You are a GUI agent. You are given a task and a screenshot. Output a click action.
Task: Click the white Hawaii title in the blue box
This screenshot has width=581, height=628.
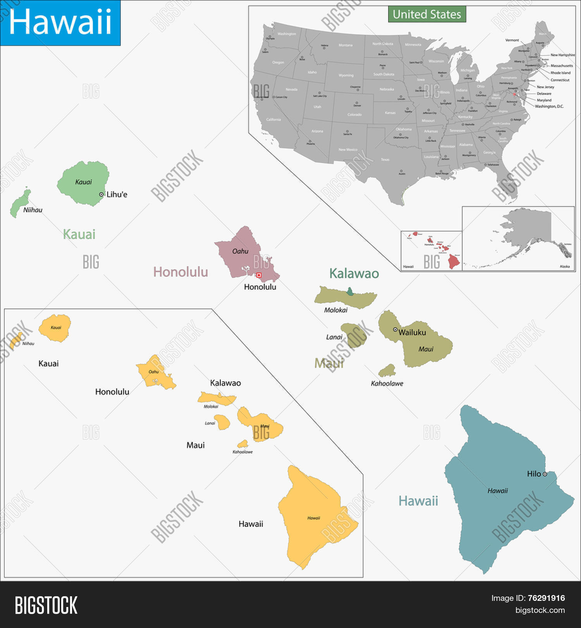click(x=60, y=22)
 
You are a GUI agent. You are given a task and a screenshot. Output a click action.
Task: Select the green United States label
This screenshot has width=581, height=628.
click(x=427, y=14)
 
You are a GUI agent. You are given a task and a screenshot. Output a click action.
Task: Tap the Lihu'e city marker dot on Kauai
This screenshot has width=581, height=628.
click(x=101, y=195)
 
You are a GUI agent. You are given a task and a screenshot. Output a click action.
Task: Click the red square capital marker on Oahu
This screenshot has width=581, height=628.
click(x=259, y=275)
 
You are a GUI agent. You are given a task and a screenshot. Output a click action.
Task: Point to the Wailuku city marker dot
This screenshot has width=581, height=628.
click(x=395, y=330)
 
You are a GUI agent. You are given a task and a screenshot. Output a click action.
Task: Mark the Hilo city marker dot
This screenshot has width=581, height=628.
click(x=545, y=474)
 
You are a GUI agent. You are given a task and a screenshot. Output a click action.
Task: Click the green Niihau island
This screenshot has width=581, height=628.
click(x=19, y=204)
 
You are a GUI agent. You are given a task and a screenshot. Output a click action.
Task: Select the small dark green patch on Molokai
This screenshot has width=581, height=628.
click(x=350, y=292)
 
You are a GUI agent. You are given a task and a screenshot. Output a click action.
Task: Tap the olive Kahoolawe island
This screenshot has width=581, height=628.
click(x=387, y=371)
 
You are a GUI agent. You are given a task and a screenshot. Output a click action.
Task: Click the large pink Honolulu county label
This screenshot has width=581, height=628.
click(x=180, y=272)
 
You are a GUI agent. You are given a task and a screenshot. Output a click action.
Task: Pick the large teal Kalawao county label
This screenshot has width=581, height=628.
click(x=354, y=274)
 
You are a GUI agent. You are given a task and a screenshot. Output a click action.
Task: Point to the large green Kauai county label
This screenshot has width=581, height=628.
click(x=79, y=234)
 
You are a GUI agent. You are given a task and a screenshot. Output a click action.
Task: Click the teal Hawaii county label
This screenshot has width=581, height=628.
click(x=418, y=501)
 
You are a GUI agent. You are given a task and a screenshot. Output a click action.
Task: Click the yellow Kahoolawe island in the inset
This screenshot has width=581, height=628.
click(x=243, y=443)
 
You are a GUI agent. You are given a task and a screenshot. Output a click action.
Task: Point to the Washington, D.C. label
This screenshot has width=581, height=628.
click(x=549, y=106)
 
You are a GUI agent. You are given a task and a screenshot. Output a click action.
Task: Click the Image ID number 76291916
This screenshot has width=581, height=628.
click(x=546, y=598)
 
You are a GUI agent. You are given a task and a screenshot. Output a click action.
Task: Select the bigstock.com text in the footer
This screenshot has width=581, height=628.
click(x=540, y=610)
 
